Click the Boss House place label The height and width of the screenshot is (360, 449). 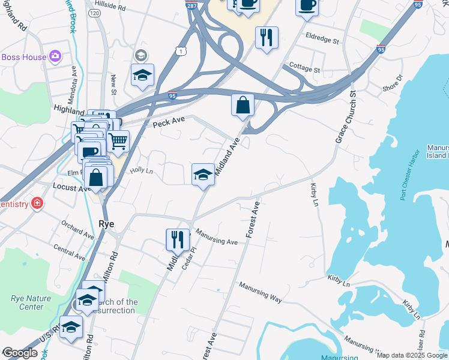23,57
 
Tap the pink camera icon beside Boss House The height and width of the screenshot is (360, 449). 55,56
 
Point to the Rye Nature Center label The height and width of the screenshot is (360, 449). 28,302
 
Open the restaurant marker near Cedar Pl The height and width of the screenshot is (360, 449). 178,239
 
